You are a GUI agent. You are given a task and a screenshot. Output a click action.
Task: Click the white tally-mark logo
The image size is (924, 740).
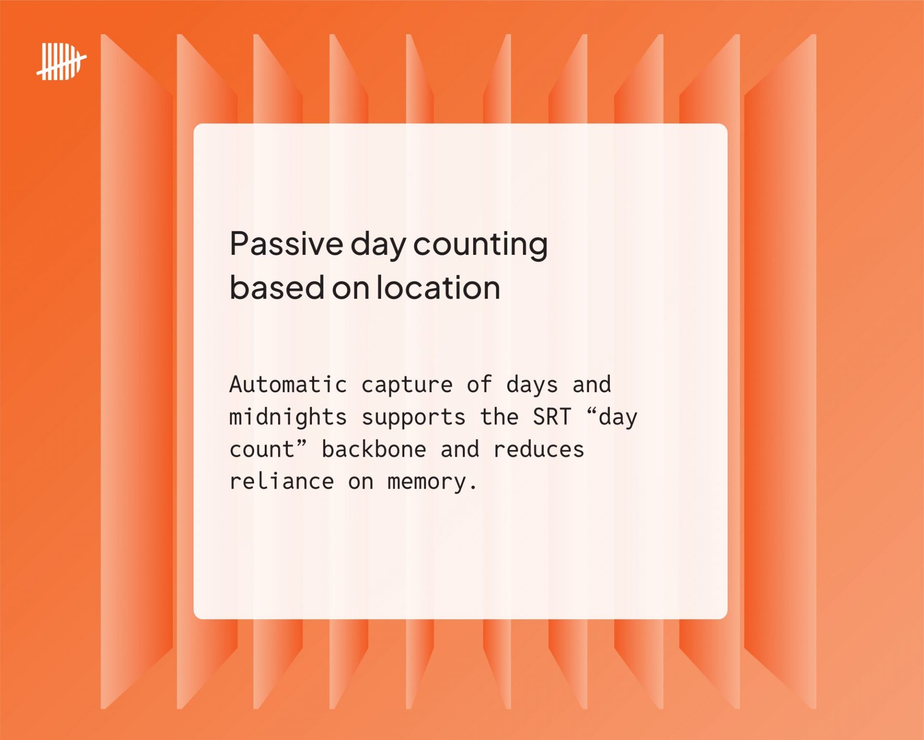click(62, 61)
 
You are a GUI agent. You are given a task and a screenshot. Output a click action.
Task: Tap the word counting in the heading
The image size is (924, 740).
click(480, 245)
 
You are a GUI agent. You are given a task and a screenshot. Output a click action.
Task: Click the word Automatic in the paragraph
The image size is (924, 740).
click(288, 384)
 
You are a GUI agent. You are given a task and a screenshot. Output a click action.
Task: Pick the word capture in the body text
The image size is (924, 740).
click(407, 385)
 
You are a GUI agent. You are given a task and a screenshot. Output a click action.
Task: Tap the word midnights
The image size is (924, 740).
click(288, 417)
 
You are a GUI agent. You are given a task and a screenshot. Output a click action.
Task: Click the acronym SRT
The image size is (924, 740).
click(552, 417)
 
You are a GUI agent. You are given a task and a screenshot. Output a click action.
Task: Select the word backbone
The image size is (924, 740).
click(374, 449)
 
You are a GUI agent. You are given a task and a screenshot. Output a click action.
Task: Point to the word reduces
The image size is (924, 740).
click(539, 449)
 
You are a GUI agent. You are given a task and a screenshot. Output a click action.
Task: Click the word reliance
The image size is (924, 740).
click(282, 481)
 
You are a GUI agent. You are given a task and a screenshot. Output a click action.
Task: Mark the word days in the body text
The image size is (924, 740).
click(532, 385)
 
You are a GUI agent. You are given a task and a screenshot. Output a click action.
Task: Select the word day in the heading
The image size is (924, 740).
click(378, 245)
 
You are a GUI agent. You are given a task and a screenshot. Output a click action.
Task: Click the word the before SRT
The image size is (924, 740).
click(499, 417)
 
